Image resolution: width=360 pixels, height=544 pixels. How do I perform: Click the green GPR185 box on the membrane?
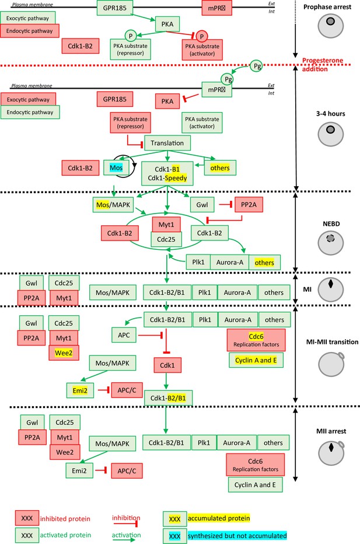point(115,8)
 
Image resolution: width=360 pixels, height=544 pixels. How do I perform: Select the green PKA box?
point(167,24)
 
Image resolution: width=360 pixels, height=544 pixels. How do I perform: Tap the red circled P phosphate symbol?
point(201,36)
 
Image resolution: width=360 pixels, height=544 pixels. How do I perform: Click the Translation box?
point(167,143)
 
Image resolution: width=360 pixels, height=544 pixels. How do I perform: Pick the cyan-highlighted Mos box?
point(116,168)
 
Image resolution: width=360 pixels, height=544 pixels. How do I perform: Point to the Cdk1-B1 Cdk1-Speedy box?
point(167,173)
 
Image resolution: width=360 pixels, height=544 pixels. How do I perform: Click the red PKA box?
point(167,102)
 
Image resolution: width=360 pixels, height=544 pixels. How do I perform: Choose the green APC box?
point(124,335)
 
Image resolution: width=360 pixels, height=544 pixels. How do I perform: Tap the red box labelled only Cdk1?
point(167,365)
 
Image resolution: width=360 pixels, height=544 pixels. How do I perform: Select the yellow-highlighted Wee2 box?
point(64,353)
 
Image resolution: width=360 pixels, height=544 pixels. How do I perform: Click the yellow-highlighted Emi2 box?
point(80,390)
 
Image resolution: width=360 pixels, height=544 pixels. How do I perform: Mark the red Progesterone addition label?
point(322,65)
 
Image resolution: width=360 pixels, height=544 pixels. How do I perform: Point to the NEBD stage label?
point(331,224)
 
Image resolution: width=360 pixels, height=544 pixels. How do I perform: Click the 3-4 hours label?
point(330,113)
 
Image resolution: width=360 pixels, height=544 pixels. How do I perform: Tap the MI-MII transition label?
point(332,341)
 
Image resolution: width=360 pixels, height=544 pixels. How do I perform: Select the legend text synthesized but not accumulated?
point(237,536)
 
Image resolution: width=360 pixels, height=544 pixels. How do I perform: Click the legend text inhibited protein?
point(65,519)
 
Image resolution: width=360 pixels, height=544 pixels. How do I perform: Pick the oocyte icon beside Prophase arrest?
point(331,25)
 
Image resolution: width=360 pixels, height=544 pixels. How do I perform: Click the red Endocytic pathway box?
point(30,30)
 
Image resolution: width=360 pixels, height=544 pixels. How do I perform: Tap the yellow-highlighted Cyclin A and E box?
point(256,360)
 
